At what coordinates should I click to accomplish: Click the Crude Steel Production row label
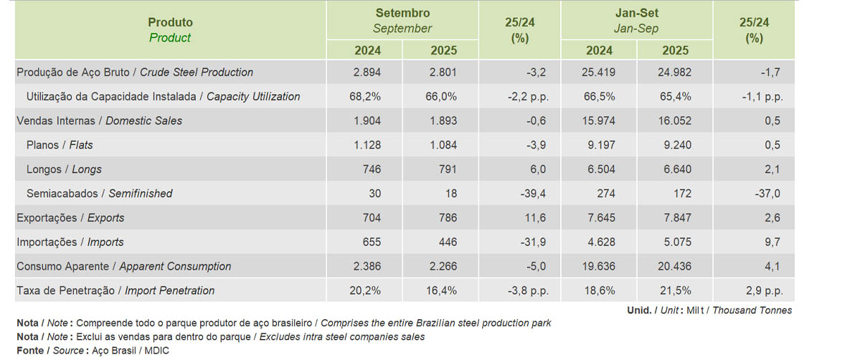[x=134, y=72]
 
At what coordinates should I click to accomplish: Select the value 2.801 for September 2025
[x=443, y=72]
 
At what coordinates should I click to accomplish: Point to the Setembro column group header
[x=402, y=21]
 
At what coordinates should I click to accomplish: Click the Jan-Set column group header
[x=636, y=21]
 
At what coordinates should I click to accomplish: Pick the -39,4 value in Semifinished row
[x=531, y=194]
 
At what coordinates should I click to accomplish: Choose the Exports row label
[x=70, y=218]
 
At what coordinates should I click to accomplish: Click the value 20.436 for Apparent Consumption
[x=674, y=267]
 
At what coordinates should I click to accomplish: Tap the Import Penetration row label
[x=115, y=291]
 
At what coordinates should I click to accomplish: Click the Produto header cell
[x=170, y=30]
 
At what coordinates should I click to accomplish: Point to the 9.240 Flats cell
[x=677, y=146]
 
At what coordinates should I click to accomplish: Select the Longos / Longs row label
[x=64, y=170]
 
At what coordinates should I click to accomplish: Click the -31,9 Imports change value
[x=531, y=242]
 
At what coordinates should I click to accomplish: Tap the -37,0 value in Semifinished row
[x=767, y=194]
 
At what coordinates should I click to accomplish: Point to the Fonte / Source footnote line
[x=93, y=350]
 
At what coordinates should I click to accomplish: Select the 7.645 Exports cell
[x=600, y=218]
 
